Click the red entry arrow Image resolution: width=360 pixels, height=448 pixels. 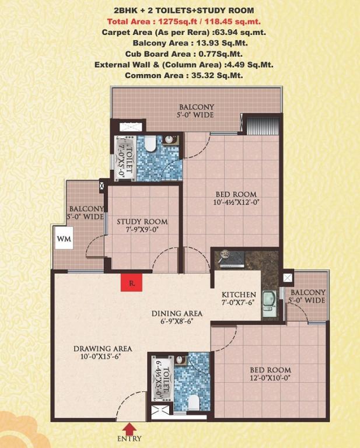(130, 428)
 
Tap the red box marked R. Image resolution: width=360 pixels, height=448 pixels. (131, 282)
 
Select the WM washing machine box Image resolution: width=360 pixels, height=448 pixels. (64, 238)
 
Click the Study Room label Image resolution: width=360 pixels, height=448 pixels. (142, 222)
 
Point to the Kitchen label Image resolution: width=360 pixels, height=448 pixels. (239, 295)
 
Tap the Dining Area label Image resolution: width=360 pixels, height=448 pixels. (177, 313)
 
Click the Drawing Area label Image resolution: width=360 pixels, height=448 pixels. (103, 349)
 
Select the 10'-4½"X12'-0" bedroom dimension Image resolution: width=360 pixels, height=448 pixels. (236, 202)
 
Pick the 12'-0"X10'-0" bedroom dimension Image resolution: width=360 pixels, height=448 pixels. (270, 378)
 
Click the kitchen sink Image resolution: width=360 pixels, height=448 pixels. (269, 304)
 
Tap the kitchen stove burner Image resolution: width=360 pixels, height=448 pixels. (225, 254)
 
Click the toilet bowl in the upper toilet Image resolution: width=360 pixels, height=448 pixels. (151, 143)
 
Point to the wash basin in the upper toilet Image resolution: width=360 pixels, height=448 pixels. (170, 140)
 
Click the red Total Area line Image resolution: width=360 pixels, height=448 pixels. (184, 22)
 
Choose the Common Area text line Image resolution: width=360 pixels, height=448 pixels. (184, 76)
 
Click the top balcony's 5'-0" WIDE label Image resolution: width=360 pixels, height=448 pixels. (196, 115)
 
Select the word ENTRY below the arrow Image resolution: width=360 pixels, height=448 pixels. (130, 439)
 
